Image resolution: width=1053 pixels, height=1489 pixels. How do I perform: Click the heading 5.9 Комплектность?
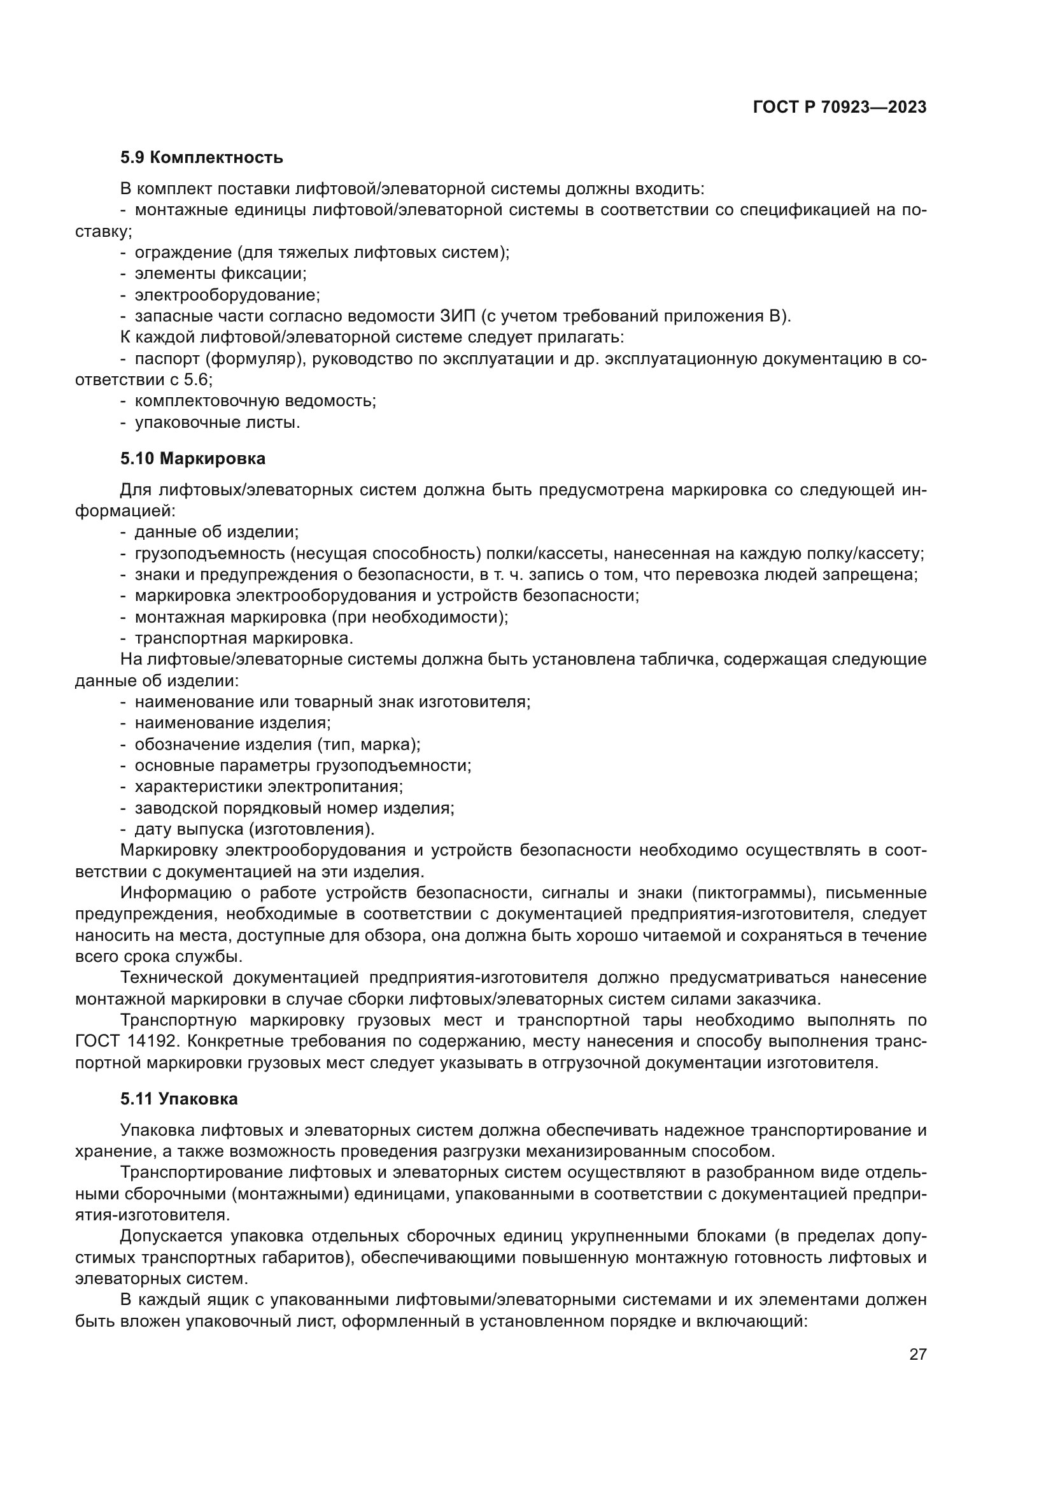[x=202, y=158]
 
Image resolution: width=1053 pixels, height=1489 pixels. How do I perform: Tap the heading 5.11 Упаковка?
[x=179, y=1099]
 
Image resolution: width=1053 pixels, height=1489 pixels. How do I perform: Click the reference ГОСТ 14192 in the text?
[x=129, y=1041]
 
